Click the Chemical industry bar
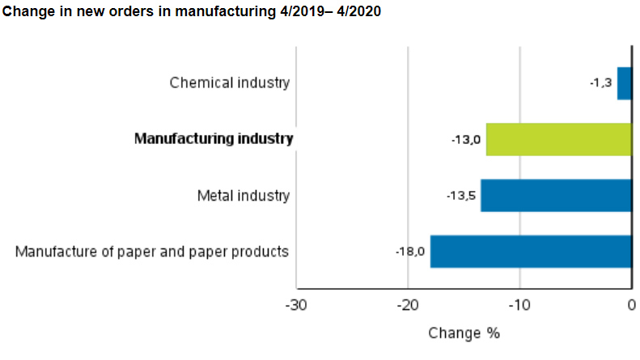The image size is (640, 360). (624, 83)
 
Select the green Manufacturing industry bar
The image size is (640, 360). (558, 139)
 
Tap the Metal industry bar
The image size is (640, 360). (556, 196)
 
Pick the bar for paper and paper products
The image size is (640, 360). (530, 251)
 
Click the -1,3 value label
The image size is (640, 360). (600, 83)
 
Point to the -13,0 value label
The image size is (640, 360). (466, 139)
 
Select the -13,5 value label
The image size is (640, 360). (460, 196)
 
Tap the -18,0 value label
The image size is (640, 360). (410, 252)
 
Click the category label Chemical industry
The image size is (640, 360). (229, 83)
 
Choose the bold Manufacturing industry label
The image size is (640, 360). (214, 139)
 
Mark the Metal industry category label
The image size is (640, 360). (243, 196)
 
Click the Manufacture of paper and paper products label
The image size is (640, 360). (152, 252)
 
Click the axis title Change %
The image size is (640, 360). (464, 333)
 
